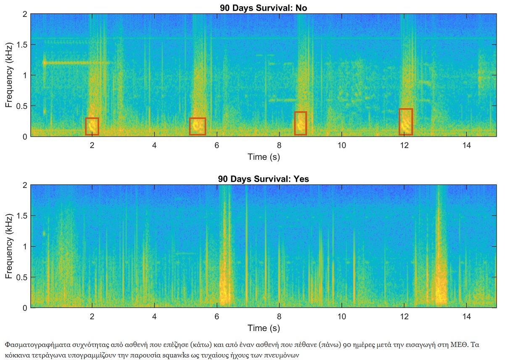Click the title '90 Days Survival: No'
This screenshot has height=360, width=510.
(263, 8)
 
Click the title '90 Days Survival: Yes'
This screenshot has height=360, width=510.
(263, 179)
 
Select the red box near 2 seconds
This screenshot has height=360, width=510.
(92, 126)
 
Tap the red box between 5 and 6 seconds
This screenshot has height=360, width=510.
(197, 126)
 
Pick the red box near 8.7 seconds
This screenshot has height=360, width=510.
(300, 123)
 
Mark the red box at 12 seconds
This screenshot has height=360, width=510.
(406, 122)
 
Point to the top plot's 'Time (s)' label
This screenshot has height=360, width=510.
(263, 157)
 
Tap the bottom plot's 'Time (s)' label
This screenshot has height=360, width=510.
(263, 328)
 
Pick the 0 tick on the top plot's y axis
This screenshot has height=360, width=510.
(25, 137)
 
